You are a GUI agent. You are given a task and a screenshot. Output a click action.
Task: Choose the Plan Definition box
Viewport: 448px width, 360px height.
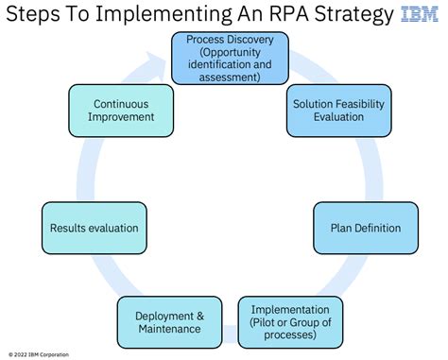pos(365,228)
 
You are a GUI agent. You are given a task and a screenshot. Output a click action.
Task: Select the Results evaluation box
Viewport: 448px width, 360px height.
pos(95,228)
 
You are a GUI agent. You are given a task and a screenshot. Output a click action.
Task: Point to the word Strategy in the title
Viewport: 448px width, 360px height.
pos(354,16)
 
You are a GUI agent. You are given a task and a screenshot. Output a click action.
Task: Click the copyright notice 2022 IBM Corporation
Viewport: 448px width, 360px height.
pos(42,351)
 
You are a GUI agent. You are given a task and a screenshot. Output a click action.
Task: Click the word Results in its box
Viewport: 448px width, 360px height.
pos(74,228)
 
